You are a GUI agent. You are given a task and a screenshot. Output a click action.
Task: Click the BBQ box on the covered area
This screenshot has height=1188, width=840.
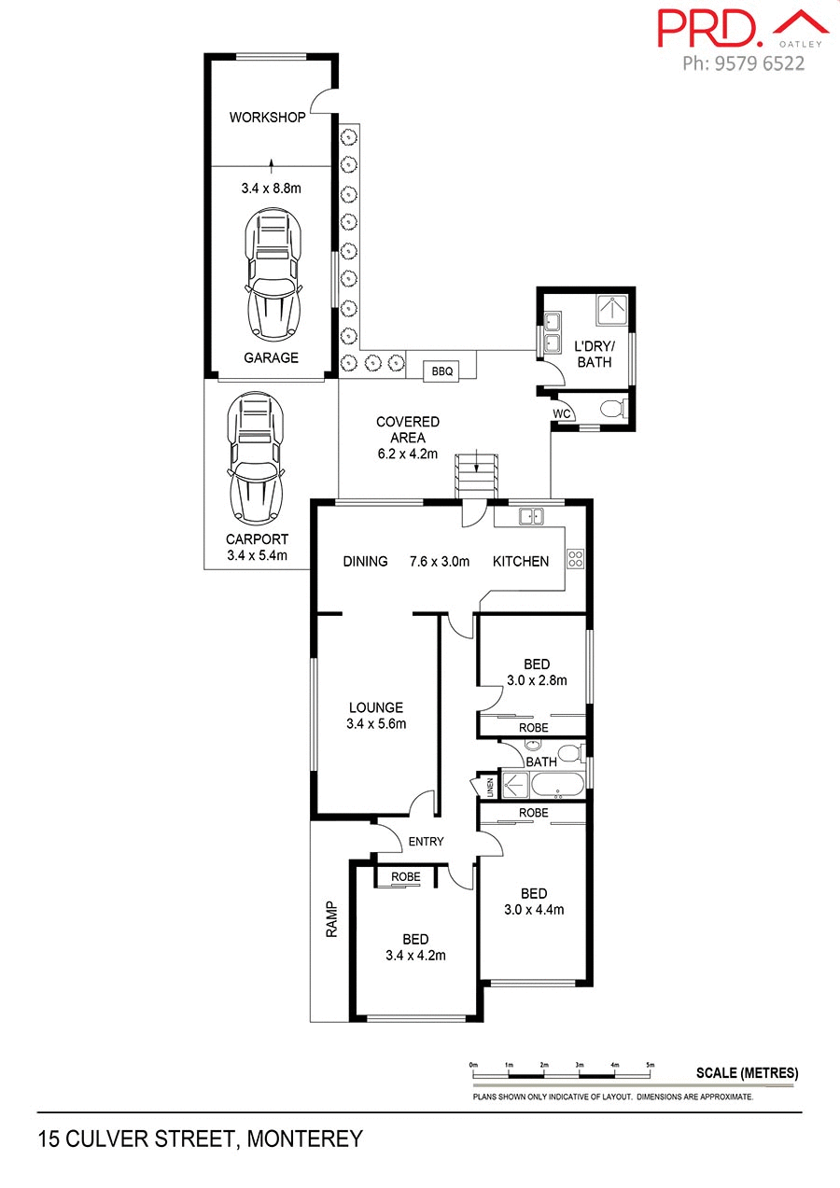click(x=441, y=371)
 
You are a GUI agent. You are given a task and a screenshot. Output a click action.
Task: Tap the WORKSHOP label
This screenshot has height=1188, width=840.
click(x=267, y=118)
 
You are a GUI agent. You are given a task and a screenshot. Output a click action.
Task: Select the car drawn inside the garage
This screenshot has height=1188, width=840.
click(x=271, y=277)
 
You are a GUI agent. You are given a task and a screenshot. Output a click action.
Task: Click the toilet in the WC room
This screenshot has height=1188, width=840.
click(x=611, y=408)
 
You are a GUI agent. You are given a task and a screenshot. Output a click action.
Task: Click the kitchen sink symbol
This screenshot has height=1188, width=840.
click(x=532, y=515)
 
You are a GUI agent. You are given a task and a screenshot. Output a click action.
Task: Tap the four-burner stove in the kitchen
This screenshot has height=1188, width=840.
click(x=576, y=560)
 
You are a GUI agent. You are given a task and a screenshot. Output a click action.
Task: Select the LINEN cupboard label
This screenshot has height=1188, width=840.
click(x=486, y=787)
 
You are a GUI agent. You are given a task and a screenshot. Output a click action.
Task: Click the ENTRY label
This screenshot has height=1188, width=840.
click(x=426, y=842)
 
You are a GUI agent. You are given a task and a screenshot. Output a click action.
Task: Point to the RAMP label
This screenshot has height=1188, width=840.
click(x=330, y=919)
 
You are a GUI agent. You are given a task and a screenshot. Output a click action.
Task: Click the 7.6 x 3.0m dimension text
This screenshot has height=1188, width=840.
click(x=440, y=561)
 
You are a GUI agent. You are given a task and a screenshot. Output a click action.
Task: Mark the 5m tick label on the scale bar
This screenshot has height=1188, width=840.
click(x=650, y=1065)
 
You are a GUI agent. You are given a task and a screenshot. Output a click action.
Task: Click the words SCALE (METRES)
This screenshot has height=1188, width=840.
click(x=747, y=1073)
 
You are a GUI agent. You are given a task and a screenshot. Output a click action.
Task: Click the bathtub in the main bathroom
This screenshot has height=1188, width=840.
click(x=544, y=784)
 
